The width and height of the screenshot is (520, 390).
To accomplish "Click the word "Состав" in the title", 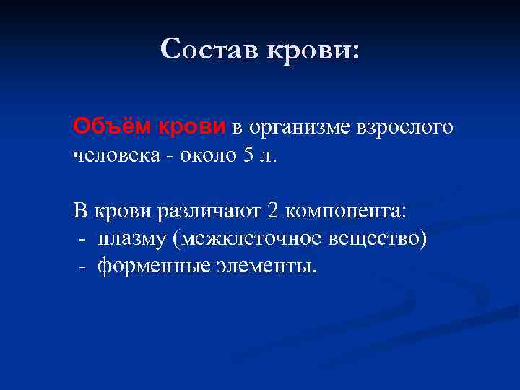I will pyautogui.click(x=209, y=49).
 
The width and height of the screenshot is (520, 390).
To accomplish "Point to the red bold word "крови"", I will pyautogui.click(x=192, y=127).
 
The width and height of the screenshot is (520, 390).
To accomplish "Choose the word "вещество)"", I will pyautogui.click(x=381, y=239).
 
